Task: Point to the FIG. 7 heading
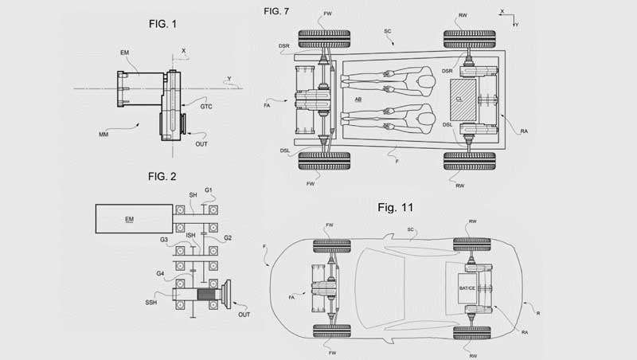pyautogui.click(x=279, y=12)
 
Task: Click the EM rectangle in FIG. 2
pyautogui.click(x=131, y=217)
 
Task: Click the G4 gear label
pyautogui.click(x=162, y=273)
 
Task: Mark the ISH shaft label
pyautogui.click(x=192, y=235)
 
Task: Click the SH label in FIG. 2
pyautogui.click(x=192, y=195)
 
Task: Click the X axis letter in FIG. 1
pyautogui.click(x=184, y=49)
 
